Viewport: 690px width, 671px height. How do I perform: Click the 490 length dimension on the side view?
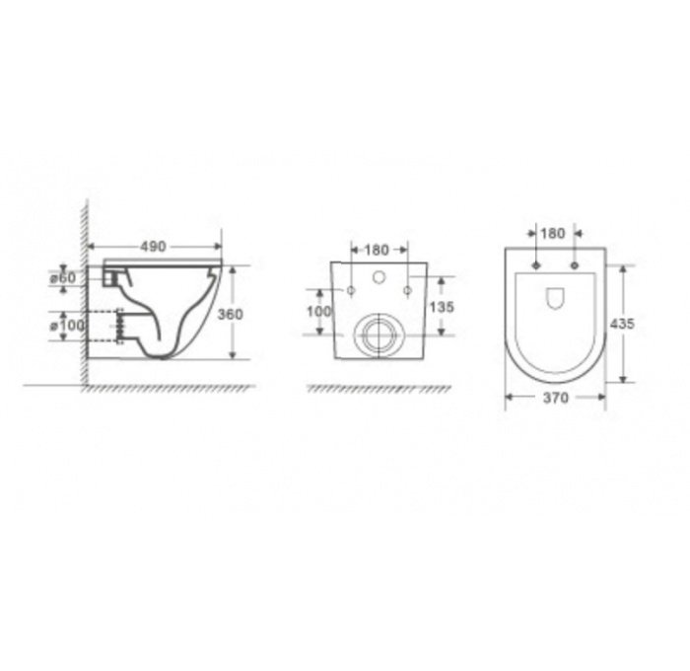click(151, 246)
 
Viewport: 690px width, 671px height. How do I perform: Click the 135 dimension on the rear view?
click(443, 307)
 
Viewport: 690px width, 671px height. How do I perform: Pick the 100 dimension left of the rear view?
click(319, 311)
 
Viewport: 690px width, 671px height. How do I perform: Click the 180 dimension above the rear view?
click(378, 250)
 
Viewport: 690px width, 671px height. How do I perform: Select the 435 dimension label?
click(623, 324)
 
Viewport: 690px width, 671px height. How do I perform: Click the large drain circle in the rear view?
click(376, 335)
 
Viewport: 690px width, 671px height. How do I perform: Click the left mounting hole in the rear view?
click(350, 290)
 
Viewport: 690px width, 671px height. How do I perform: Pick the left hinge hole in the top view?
click(535, 265)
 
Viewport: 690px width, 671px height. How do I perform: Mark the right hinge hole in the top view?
click(574, 265)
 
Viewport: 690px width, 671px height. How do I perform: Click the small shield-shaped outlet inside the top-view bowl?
click(554, 296)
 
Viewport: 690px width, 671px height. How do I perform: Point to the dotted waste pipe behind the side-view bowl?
click(108, 325)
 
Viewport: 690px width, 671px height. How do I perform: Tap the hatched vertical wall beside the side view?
click(86, 296)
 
